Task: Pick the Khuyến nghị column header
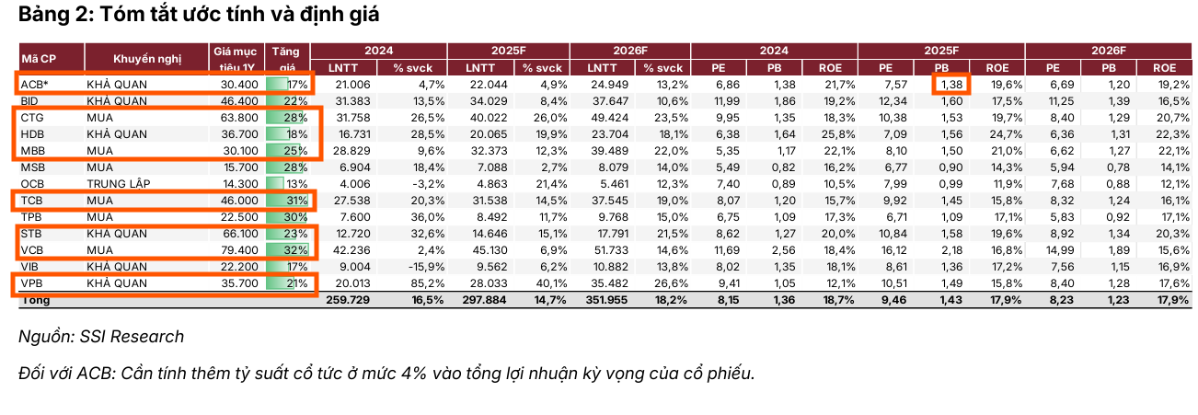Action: tap(146, 59)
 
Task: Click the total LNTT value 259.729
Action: tap(349, 300)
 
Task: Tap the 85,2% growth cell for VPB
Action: tap(406, 283)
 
